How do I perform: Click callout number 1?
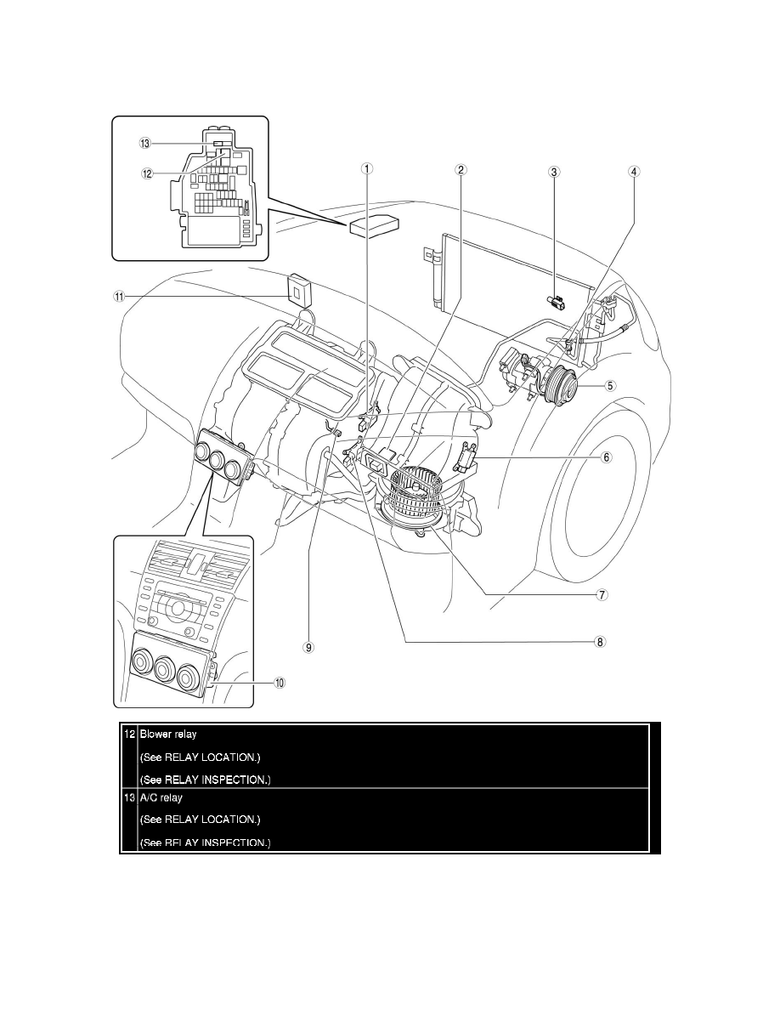[x=367, y=168]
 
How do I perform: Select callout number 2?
[x=461, y=168]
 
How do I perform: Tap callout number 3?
[x=554, y=171]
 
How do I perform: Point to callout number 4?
[x=634, y=171]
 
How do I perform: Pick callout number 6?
[x=607, y=457]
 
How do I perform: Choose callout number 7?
[x=601, y=595]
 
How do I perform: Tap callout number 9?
[x=309, y=647]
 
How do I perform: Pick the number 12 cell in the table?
[x=129, y=734]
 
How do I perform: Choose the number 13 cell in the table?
[x=129, y=798]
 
